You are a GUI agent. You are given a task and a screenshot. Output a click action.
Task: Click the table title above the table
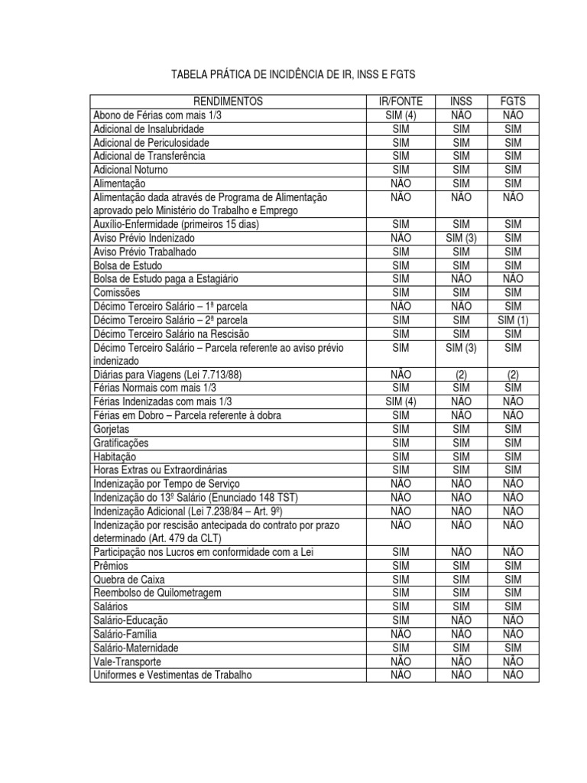click(293, 74)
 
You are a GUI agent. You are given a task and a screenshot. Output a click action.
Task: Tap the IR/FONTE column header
click(401, 102)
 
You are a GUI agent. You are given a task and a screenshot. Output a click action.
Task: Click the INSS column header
click(462, 102)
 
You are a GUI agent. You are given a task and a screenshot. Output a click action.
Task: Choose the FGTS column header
click(513, 102)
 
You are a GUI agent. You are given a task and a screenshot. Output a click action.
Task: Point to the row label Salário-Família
click(128, 634)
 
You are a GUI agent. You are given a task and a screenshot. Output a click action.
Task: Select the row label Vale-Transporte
click(127, 661)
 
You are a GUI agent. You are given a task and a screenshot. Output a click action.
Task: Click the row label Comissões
click(117, 293)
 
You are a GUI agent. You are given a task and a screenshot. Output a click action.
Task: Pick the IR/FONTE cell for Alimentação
click(401, 184)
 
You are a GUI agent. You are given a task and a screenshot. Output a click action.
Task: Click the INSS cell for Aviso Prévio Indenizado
click(462, 238)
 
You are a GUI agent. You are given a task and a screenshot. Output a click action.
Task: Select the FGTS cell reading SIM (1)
click(513, 320)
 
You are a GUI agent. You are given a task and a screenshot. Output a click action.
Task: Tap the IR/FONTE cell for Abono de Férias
click(401, 115)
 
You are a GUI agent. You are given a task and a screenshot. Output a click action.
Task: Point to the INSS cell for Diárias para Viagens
click(462, 375)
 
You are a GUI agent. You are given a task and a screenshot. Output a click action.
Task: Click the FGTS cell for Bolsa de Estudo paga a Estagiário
click(513, 279)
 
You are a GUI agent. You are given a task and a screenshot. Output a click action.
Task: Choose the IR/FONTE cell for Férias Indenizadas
click(401, 402)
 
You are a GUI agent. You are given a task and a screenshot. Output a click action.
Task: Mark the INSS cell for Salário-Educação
click(462, 620)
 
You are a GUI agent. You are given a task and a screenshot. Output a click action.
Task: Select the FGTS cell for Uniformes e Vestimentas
click(513, 675)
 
